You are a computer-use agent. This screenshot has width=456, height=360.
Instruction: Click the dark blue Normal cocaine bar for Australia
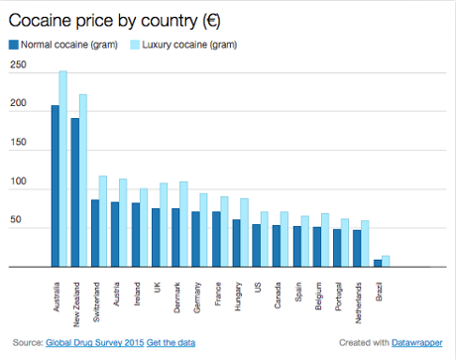(x=56, y=186)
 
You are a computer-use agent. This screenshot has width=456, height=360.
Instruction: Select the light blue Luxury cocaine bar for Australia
(x=63, y=169)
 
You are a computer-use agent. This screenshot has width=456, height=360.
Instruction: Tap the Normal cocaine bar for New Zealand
(x=74, y=192)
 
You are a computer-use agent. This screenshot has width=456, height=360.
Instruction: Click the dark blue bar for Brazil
(x=377, y=263)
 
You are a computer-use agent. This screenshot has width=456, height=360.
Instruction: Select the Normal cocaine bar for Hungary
(x=236, y=243)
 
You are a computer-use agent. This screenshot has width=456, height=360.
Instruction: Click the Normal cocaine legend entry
(x=58, y=44)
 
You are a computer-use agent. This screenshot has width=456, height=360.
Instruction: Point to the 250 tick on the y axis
(x=18, y=65)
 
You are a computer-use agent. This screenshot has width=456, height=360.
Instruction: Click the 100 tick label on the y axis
(x=18, y=182)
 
